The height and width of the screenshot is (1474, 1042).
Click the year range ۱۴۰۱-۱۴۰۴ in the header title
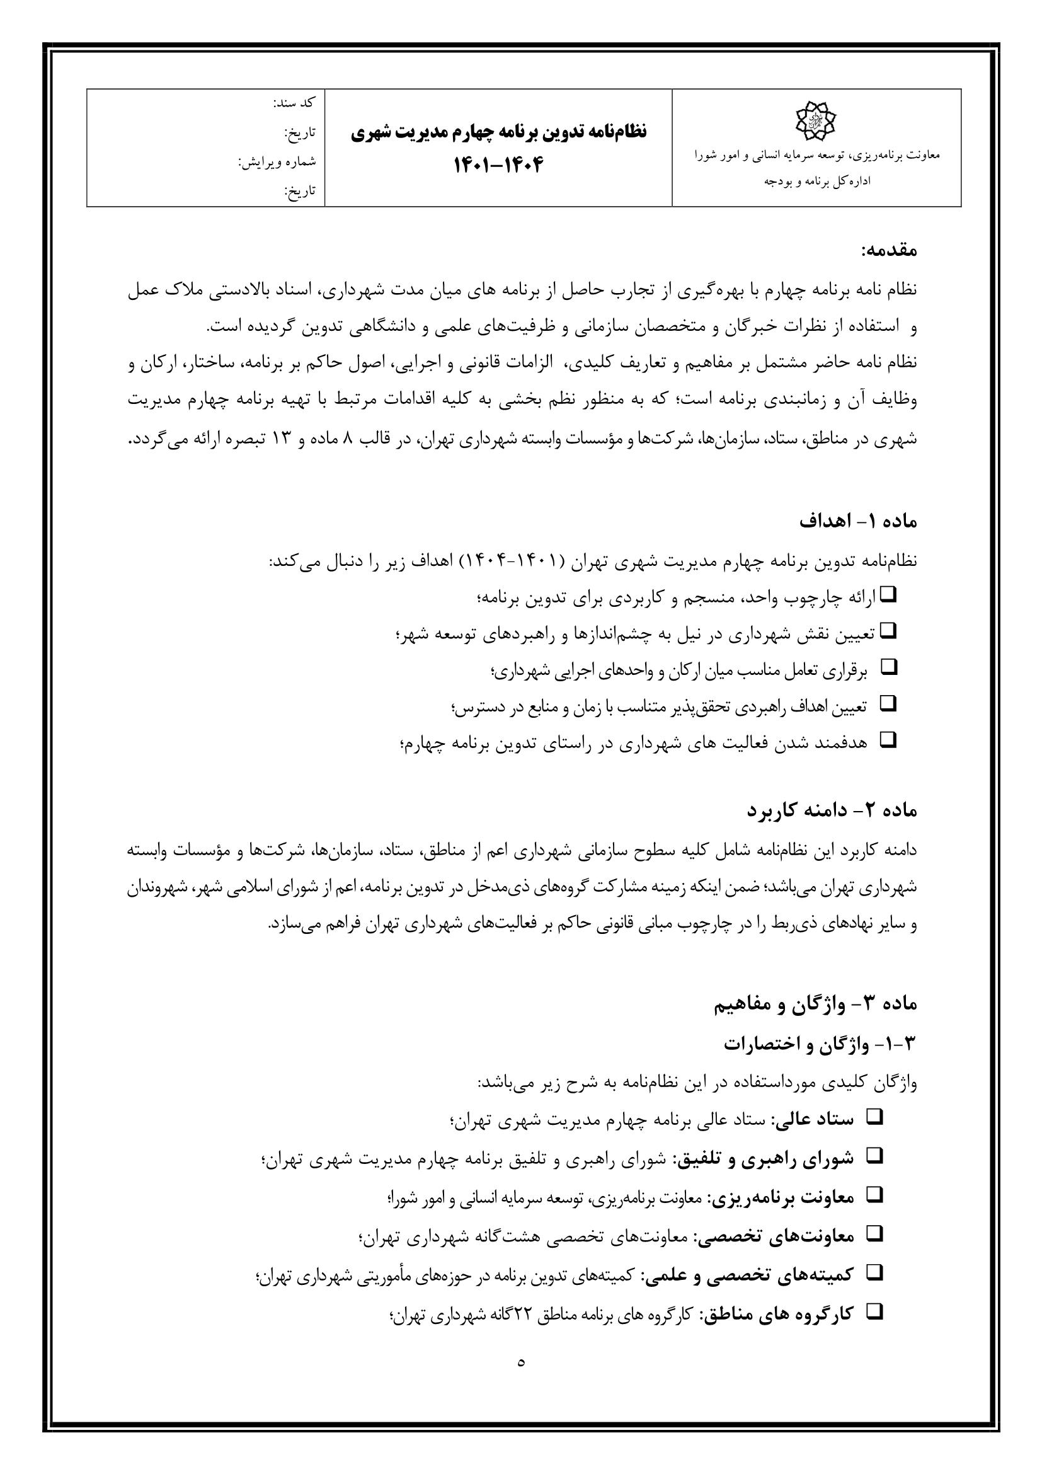(x=498, y=165)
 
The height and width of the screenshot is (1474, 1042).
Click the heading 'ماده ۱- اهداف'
(x=858, y=521)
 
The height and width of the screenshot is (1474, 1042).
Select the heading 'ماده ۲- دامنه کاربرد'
(x=832, y=810)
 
